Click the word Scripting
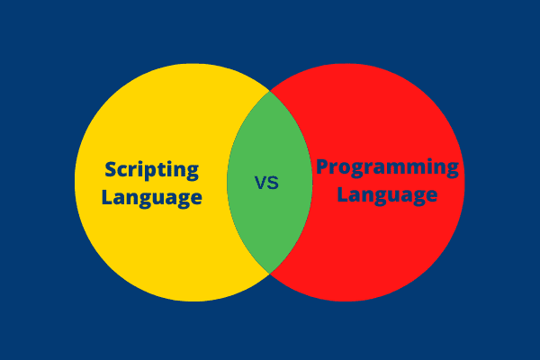pyautogui.click(x=151, y=169)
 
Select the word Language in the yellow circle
pyautogui.click(x=151, y=196)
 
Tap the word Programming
pyautogui.click(x=387, y=167)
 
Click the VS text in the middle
pyautogui.click(x=266, y=183)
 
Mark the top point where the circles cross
pyautogui.click(x=269, y=90)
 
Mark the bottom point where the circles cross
pyautogui.click(x=269, y=273)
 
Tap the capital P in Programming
pyautogui.click(x=322, y=166)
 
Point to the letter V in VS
pyautogui.click(x=260, y=183)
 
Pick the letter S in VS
pyautogui.click(x=274, y=183)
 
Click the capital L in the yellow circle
pyautogui.click(x=107, y=195)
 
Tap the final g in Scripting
pyautogui.click(x=193, y=172)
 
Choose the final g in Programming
pyautogui.click(x=452, y=170)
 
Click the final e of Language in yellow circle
pyautogui.click(x=195, y=197)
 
